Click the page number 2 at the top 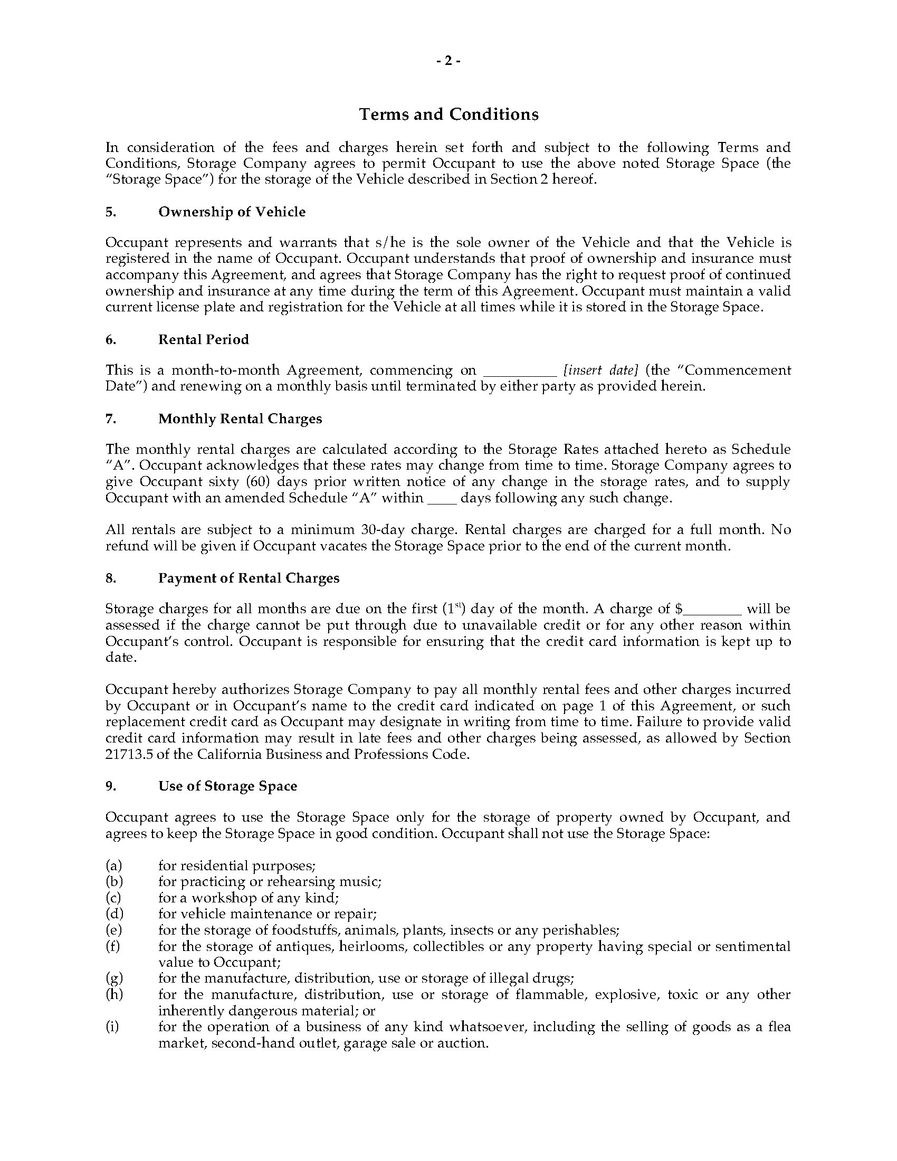pyautogui.click(x=448, y=61)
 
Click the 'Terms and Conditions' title pyautogui.click(x=448, y=115)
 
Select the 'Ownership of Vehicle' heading pyautogui.click(x=232, y=212)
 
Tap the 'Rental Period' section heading pyautogui.click(x=204, y=339)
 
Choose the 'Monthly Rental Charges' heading pyautogui.click(x=240, y=418)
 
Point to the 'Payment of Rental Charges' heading pyautogui.click(x=249, y=578)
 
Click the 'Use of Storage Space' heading pyautogui.click(x=227, y=786)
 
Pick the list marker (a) pyautogui.click(x=113, y=865)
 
